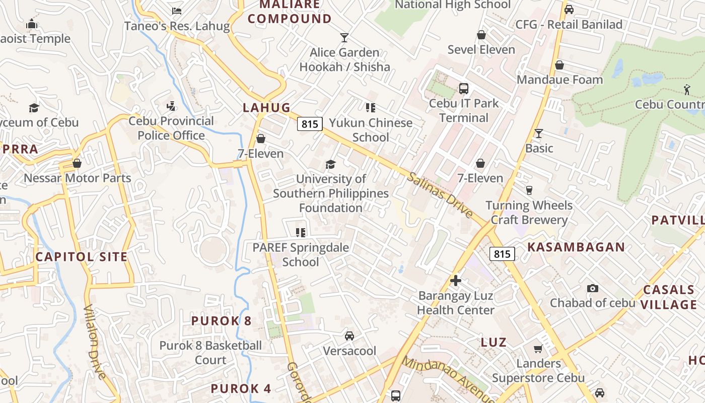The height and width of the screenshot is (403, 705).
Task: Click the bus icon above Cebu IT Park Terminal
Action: [x=464, y=89]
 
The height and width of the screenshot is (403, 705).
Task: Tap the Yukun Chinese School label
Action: [x=371, y=130]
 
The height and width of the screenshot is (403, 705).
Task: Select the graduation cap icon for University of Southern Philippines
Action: [x=330, y=164]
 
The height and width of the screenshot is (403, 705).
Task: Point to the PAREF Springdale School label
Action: [x=301, y=255]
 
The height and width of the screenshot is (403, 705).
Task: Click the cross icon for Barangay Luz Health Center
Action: [x=456, y=281]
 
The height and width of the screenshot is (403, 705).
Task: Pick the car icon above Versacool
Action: [x=349, y=335]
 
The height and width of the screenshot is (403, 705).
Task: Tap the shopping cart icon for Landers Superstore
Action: [x=538, y=349]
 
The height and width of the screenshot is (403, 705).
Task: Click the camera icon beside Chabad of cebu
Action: [x=593, y=288]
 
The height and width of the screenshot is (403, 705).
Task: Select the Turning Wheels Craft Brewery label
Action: [x=529, y=213]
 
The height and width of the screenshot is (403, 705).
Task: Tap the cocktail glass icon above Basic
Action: [x=539, y=133]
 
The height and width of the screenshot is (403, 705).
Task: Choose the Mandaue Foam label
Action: [x=559, y=80]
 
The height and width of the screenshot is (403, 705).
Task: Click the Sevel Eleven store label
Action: [x=481, y=49]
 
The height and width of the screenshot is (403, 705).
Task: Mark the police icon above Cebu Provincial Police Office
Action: [x=171, y=106]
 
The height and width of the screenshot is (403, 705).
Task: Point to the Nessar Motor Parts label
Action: [x=78, y=178]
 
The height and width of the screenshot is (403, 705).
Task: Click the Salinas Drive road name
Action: [x=440, y=195]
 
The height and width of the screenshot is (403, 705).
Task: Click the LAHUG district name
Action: [x=267, y=107]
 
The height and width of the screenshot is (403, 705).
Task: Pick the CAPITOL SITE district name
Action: [x=82, y=257]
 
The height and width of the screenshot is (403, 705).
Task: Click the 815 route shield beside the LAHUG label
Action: [x=309, y=124]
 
